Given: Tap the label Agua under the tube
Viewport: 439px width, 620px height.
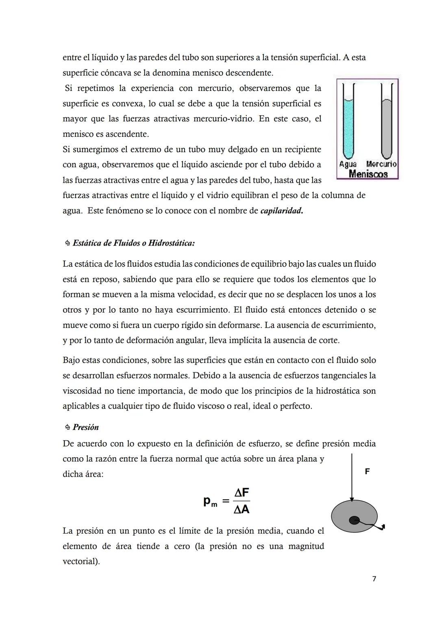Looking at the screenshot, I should coord(348,164).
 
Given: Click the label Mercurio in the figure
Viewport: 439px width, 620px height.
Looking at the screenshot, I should coord(381,164).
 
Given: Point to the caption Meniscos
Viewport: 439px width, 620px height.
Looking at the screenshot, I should coord(368,174).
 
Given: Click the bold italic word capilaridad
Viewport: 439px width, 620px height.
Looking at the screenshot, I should coord(281,211).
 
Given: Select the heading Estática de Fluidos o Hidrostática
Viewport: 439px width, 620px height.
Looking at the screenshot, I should coord(133,243).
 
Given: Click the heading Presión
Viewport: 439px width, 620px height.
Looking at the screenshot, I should coord(86,427).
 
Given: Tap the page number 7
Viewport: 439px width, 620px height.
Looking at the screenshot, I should coord(374,579).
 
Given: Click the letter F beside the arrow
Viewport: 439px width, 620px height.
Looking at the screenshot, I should coord(367,471).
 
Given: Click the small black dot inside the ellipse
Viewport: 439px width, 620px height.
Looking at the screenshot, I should coord(354,521).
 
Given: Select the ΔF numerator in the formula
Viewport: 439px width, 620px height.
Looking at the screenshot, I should coord(241,493).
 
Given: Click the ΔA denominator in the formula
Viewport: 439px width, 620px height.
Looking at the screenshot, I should coord(241,509).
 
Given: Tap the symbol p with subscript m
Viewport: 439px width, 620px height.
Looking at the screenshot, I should coord(210,502).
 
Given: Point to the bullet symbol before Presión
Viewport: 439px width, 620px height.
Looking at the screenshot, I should coord(67,428).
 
